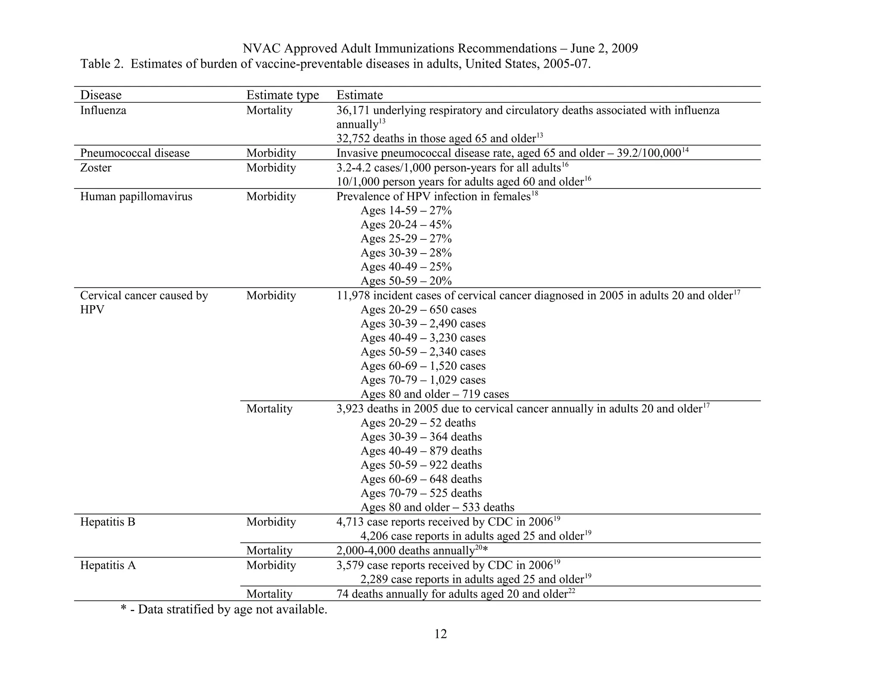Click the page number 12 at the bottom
[440, 634]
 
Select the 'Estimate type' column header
[282, 95]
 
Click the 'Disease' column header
[101, 95]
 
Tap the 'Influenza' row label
[103, 111]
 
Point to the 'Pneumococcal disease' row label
[135, 153]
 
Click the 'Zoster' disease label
[95, 168]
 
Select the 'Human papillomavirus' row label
[136, 197]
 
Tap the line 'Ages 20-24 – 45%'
[406, 225]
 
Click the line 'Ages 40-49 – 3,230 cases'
[423, 338]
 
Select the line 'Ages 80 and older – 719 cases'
[434, 394]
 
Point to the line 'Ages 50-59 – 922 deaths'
[421, 465]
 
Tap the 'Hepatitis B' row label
[108, 522]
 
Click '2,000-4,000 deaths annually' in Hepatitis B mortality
[405, 551]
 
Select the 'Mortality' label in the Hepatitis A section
[269, 594]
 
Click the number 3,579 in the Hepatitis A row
[350, 565]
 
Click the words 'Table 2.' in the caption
[102, 64]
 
